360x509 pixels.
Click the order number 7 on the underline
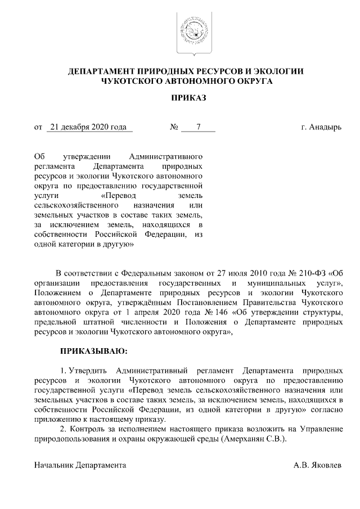[x=198, y=127]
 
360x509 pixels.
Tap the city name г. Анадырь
[x=321, y=127]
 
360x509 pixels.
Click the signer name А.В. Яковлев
[x=317, y=466]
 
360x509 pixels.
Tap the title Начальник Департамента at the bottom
[x=80, y=466]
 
